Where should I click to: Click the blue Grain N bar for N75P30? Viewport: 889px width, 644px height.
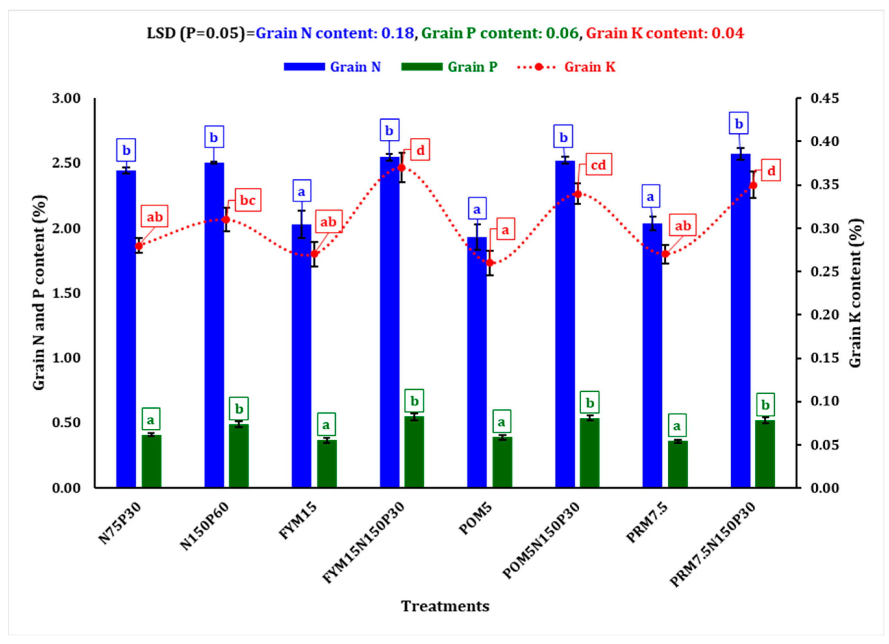tap(126, 329)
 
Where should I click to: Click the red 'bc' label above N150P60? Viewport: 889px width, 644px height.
tap(248, 200)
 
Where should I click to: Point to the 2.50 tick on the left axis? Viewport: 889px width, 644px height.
tap(66, 163)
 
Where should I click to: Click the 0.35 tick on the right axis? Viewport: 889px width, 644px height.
tap(824, 184)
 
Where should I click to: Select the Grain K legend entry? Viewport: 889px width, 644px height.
tap(589, 67)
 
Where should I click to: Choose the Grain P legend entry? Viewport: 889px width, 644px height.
tap(472, 67)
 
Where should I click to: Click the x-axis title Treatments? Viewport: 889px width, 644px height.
tap(445, 606)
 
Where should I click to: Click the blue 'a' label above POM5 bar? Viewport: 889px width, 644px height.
tap(477, 209)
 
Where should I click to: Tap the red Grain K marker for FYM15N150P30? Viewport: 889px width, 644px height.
tap(401, 168)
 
